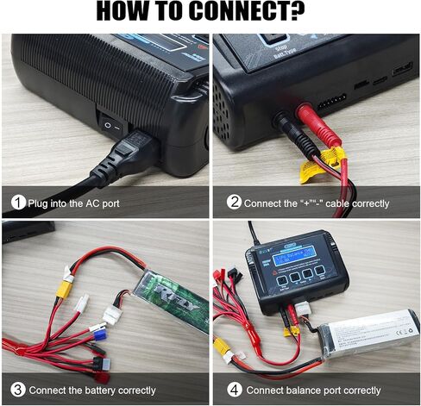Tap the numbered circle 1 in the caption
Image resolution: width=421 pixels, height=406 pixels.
point(17,203)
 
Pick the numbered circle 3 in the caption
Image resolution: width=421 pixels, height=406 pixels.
point(17,390)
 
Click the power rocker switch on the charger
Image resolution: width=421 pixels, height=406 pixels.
point(110,126)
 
